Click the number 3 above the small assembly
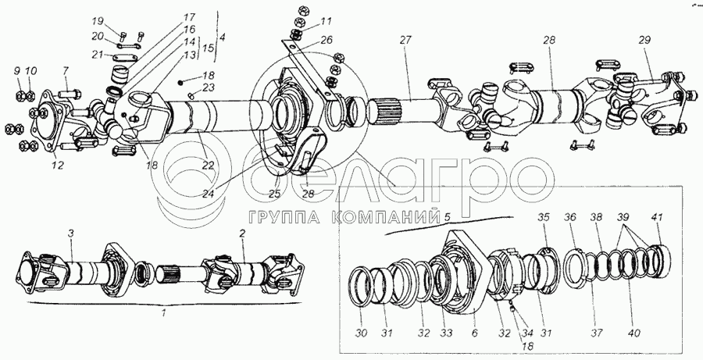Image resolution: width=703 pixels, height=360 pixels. click(x=70, y=234)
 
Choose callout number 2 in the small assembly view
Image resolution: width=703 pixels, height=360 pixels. click(x=243, y=234)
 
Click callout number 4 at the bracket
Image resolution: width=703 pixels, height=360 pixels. click(x=222, y=36)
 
